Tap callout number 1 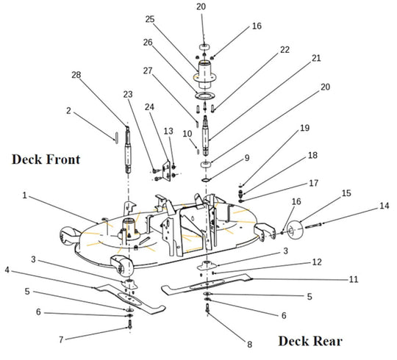(24, 196)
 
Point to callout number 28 (76, 75)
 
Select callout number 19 (304, 128)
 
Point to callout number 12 (317, 262)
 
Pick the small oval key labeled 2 (117, 137)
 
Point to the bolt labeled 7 (129, 324)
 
